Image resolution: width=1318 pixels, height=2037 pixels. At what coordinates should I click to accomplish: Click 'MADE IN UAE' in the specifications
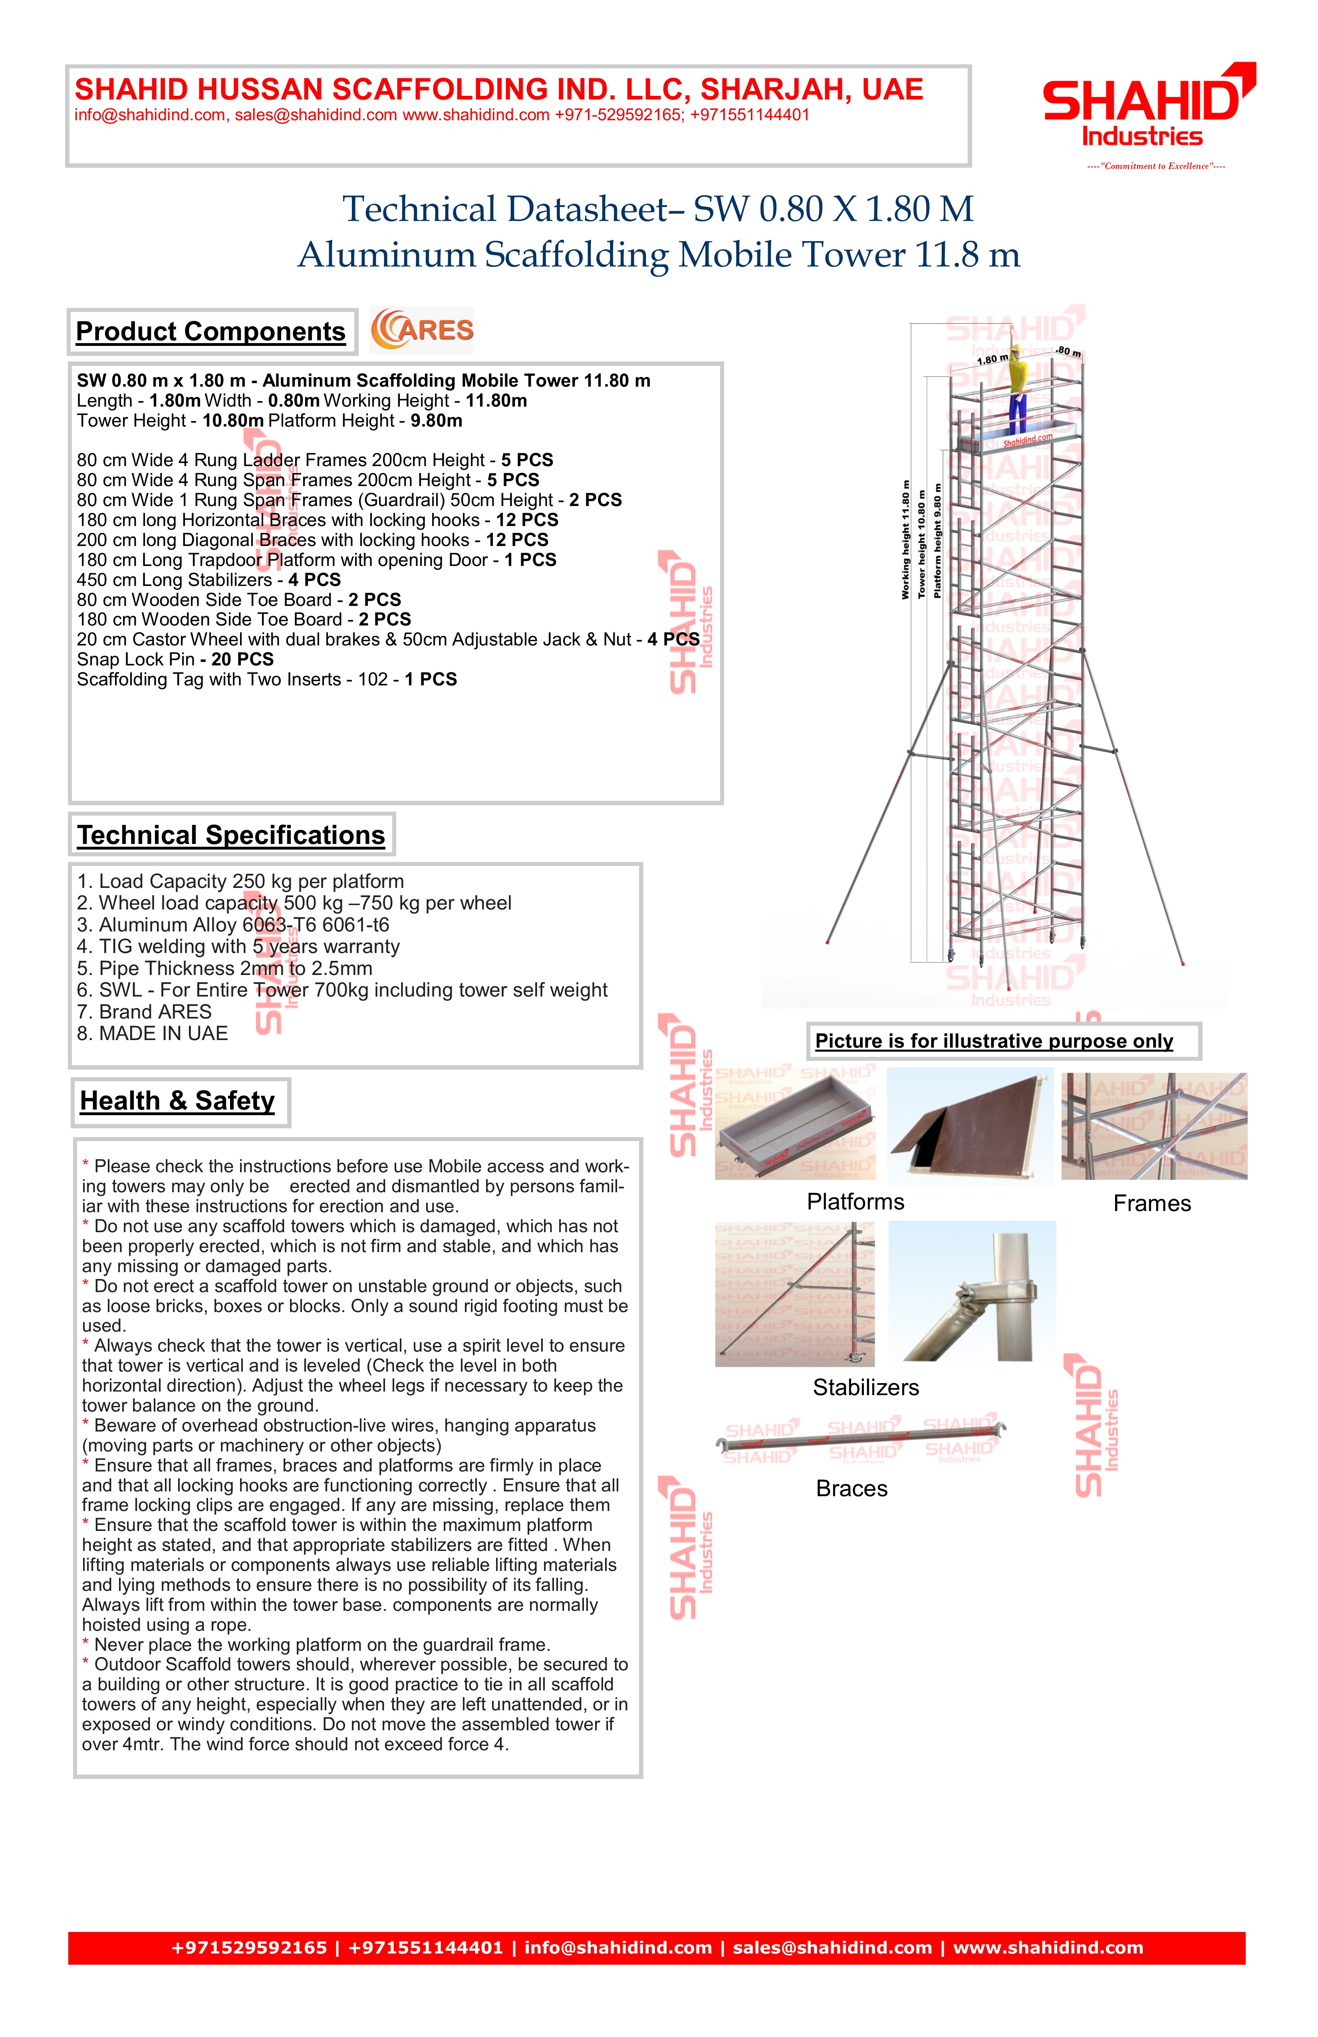click(x=152, y=1033)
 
